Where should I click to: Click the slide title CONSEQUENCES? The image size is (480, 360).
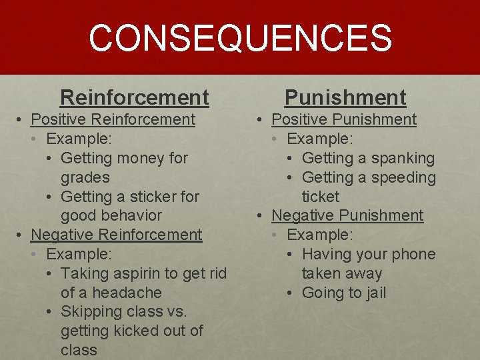pyautogui.click(x=240, y=38)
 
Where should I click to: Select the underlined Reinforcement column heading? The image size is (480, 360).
pyautogui.click(x=134, y=97)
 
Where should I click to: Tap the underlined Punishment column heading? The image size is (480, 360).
pyautogui.click(x=345, y=97)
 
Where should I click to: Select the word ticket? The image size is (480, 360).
pyautogui.click(x=320, y=197)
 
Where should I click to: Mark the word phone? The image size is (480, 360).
pyautogui.click(x=414, y=255)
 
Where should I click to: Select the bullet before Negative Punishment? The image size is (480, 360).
pyautogui.click(x=261, y=216)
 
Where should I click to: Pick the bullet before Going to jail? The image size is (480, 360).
pyautogui.click(x=292, y=293)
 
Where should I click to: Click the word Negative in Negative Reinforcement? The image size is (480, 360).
pyautogui.click(x=62, y=235)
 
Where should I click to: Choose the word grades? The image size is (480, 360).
pyautogui.click(x=85, y=178)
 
